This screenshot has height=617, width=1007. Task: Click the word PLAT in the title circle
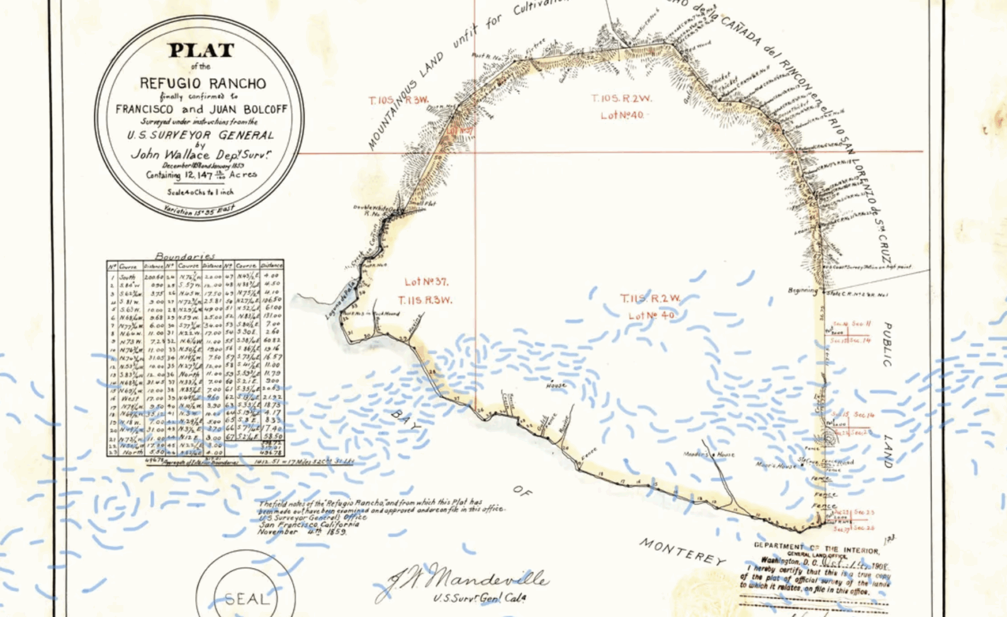201,50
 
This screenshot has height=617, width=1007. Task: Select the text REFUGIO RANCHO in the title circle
203,83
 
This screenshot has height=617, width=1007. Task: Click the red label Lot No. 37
426,282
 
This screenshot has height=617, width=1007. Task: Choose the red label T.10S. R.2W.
621,99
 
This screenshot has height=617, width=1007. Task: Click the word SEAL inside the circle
246,599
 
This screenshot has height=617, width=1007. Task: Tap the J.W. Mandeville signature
466,578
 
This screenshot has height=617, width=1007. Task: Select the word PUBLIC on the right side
886,344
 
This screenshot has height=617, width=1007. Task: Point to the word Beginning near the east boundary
802,290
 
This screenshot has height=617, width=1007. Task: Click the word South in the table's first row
127,277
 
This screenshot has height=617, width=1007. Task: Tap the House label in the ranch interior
556,385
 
